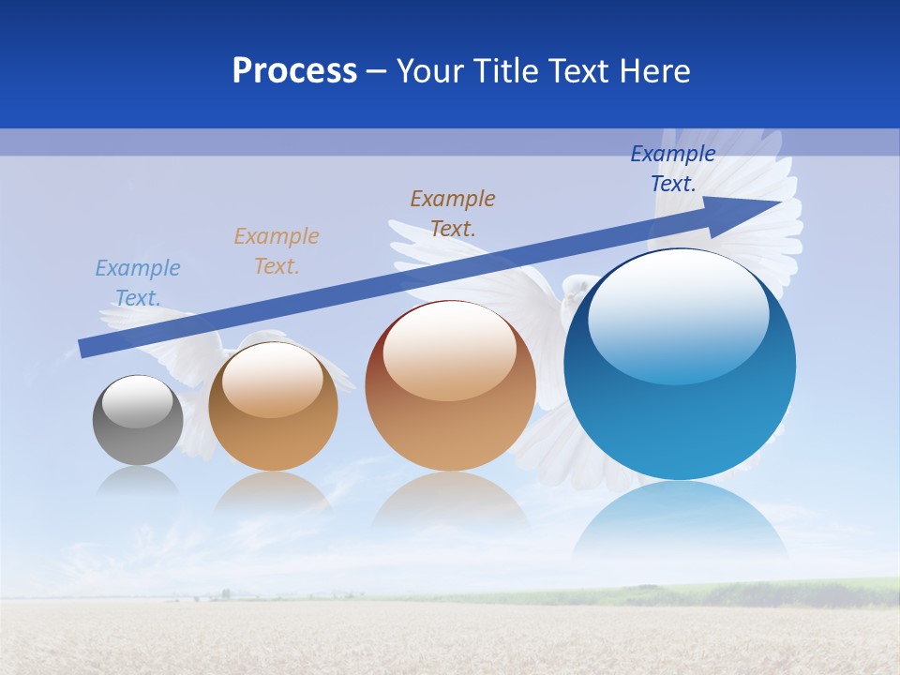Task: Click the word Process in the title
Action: point(294,71)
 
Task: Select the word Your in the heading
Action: point(432,71)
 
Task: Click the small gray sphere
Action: point(138,421)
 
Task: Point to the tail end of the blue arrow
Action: point(84,348)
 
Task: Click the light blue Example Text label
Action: point(138,282)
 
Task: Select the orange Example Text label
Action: point(277,250)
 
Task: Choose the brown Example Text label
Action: point(453,213)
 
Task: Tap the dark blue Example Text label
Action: point(673,168)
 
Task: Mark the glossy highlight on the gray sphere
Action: point(137,401)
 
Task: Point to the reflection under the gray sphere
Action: point(138,483)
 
